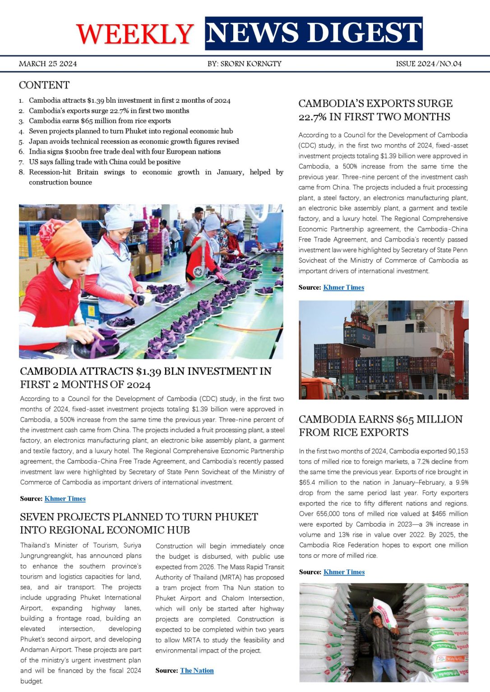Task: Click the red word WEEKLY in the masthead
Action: click(135, 34)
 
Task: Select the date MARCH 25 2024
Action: click(48, 64)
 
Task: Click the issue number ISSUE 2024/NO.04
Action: click(429, 64)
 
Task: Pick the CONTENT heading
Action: click(44, 85)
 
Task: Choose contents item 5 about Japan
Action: click(134, 141)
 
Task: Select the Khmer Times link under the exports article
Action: click(343, 287)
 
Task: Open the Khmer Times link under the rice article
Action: click(344, 572)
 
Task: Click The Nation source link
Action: click(197, 670)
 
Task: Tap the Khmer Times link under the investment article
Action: click(65, 499)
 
